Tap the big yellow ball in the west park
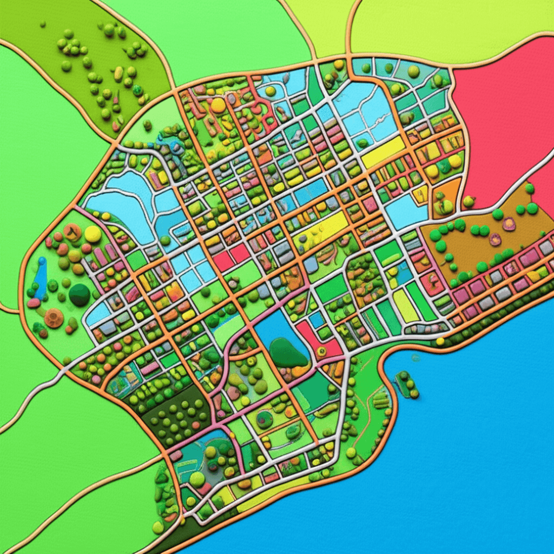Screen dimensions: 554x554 click(x=93, y=234)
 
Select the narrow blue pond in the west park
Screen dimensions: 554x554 click(x=41, y=279)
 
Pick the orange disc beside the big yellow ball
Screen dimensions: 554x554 click(x=72, y=232)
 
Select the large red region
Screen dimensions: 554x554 click(x=503, y=119)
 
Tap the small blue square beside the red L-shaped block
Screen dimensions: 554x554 click(x=316, y=320)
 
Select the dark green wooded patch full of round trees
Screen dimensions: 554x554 click(x=179, y=414)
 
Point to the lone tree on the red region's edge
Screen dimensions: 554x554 click(x=469, y=202)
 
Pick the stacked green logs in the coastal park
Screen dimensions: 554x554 click(x=381, y=399)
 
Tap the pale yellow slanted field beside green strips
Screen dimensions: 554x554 click(x=406, y=306)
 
